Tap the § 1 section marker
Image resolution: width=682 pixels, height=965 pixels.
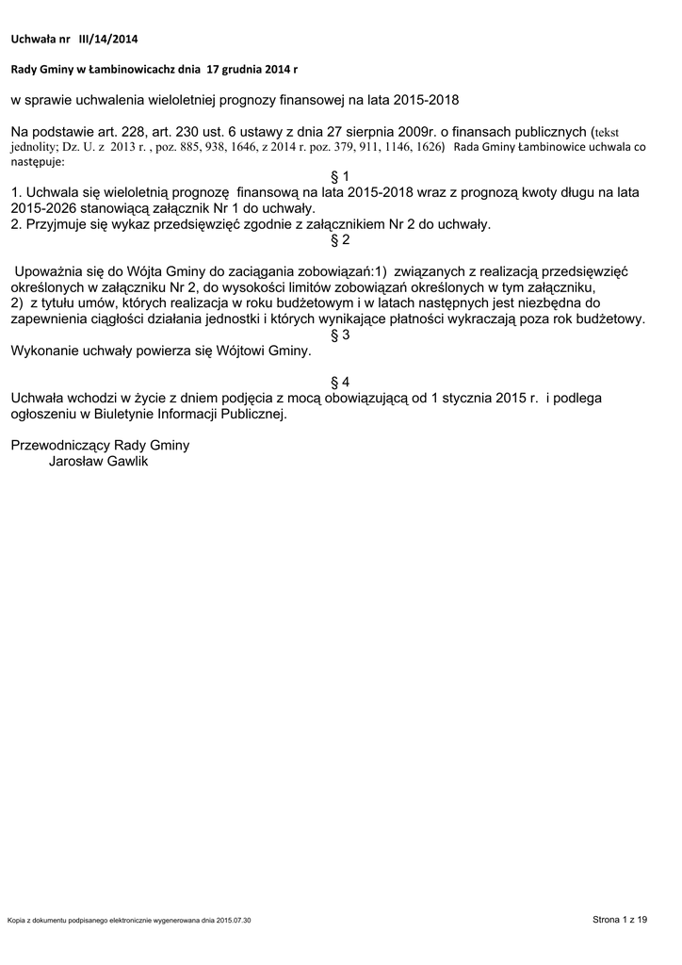click(x=340, y=177)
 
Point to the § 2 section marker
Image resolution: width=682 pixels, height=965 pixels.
click(x=340, y=239)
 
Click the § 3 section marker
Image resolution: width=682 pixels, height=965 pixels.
click(x=340, y=335)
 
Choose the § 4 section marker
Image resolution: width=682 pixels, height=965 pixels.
click(x=340, y=382)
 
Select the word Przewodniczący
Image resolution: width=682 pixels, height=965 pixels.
click(x=56, y=446)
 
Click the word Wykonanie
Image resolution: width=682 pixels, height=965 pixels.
click(x=42, y=351)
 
